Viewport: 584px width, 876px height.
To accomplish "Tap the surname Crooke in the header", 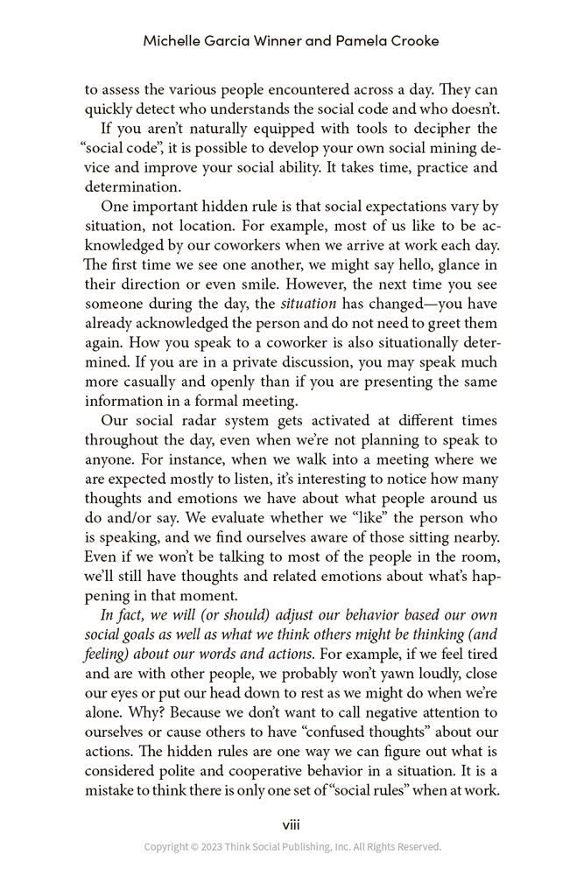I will pos(411,41).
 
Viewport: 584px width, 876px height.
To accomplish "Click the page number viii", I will pos(292,824).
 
